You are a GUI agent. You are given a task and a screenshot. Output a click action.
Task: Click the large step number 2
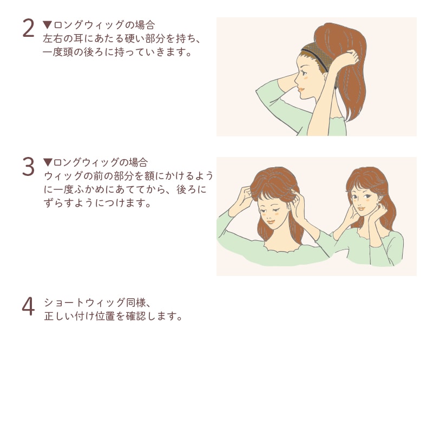click(28, 28)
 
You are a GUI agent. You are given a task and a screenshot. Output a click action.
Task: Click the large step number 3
click(28, 166)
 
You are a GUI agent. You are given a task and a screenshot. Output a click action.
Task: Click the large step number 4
click(28, 306)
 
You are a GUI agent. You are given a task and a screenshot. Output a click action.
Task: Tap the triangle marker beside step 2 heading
click(48, 24)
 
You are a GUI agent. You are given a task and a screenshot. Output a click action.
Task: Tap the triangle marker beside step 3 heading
click(48, 162)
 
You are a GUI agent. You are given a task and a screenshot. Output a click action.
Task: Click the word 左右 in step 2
click(53, 38)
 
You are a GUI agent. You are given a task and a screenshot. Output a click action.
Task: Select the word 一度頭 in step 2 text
click(58, 52)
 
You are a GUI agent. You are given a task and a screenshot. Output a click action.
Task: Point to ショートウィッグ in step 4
click(84, 303)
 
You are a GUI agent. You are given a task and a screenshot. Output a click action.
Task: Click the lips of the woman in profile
click(300, 90)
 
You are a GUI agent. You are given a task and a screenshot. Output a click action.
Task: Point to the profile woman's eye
click(304, 73)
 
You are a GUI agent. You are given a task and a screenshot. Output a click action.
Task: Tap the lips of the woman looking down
click(271, 221)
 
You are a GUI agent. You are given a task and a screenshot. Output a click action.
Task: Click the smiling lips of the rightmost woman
click(361, 208)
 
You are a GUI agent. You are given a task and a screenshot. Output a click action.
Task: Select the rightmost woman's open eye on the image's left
click(355, 197)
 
